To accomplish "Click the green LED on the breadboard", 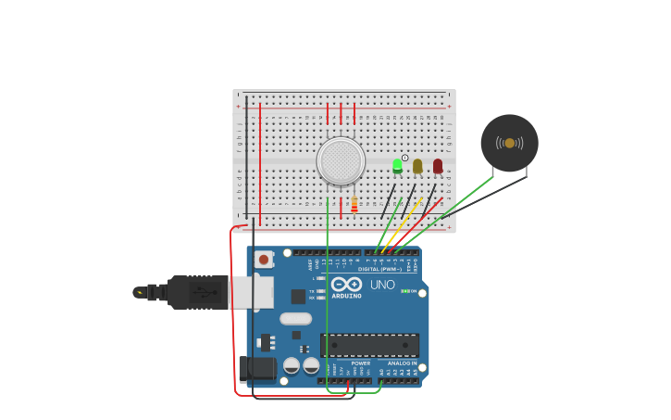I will (x=398, y=165).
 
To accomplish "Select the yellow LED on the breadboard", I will (x=417, y=166).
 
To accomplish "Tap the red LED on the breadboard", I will (x=438, y=166).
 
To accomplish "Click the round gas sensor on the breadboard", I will (x=341, y=160).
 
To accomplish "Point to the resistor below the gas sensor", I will (x=354, y=204).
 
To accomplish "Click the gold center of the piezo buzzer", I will (x=509, y=143).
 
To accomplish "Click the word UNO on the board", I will (x=382, y=285).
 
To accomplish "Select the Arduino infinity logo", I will (x=346, y=284).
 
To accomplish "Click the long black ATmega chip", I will (x=369, y=345).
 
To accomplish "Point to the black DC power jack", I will (x=256, y=369).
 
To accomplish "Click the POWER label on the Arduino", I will (x=348, y=363).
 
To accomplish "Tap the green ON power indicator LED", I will (x=405, y=291).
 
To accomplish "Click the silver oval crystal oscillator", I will (x=295, y=319).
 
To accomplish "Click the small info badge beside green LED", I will (x=404, y=158).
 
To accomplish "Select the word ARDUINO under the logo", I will (x=346, y=295).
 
